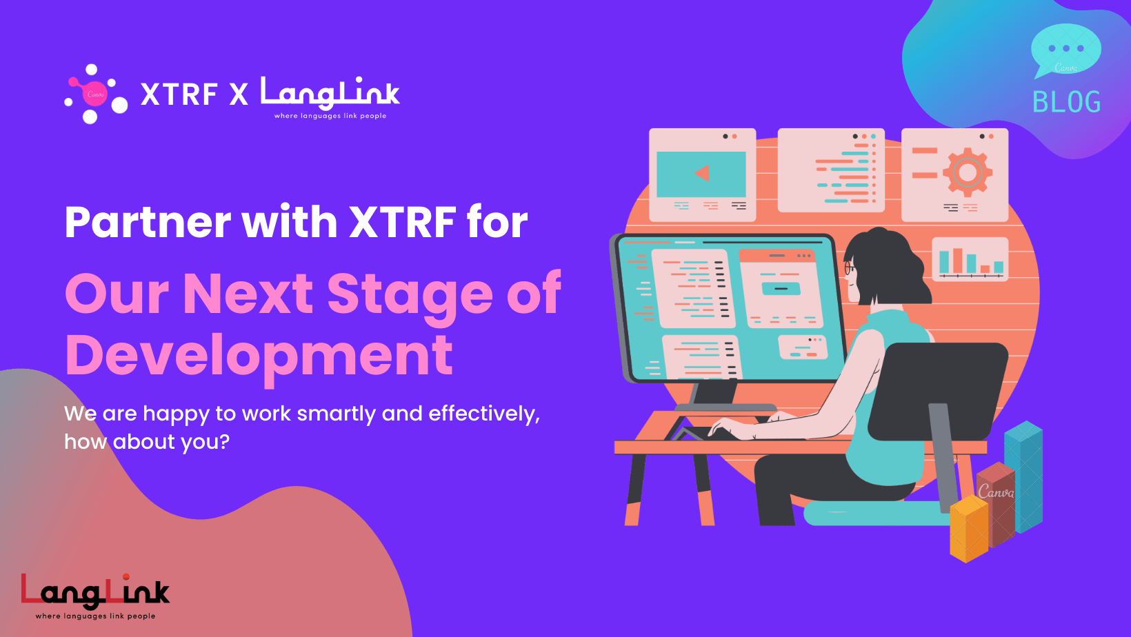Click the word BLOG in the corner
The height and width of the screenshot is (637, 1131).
(x=1066, y=102)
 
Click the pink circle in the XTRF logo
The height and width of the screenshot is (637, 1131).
(x=95, y=94)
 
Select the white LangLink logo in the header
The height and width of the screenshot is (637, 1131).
(x=330, y=98)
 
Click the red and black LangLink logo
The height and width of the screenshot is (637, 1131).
(x=95, y=596)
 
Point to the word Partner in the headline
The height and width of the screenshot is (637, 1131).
(x=148, y=223)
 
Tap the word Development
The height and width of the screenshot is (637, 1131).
(x=259, y=356)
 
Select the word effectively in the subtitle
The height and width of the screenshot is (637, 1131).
(x=483, y=414)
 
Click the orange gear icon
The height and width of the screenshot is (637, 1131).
(x=967, y=172)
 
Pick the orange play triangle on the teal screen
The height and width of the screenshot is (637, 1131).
(x=702, y=173)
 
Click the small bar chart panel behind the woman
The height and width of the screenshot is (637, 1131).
(x=970, y=259)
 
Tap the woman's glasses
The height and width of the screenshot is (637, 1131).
(x=849, y=268)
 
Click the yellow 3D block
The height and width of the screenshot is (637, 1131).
(x=968, y=529)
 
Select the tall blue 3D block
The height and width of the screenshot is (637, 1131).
(x=1023, y=476)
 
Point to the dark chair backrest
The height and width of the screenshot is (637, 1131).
(x=938, y=392)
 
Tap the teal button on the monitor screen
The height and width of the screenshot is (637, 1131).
(x=781, y=289)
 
